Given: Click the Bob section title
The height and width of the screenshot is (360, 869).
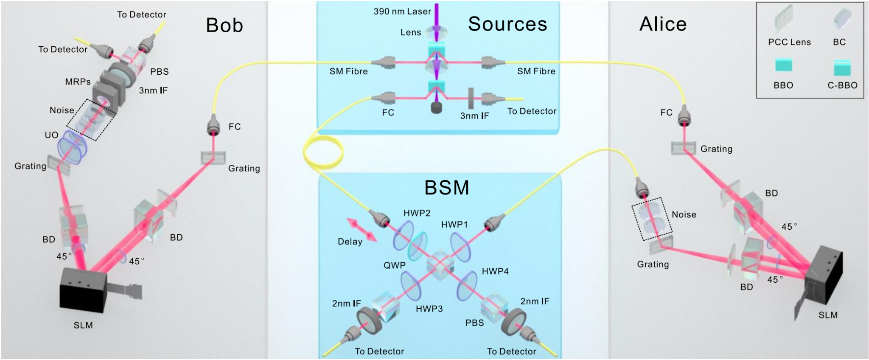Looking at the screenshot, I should point(224,25).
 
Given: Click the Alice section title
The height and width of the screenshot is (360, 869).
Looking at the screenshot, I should point(663,24).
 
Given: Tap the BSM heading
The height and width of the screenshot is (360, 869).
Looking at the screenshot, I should point(447,187).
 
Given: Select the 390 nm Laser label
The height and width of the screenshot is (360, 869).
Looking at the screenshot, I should point(402,11).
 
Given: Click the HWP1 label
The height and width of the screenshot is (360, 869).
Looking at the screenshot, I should point(454,225).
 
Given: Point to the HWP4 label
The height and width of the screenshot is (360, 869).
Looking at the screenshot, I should point(495,271).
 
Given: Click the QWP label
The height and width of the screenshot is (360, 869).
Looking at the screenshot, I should point(395,265).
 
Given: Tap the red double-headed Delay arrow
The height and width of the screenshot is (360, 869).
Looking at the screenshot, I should point(362,230).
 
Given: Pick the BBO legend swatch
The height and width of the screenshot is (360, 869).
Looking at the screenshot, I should point(783,66).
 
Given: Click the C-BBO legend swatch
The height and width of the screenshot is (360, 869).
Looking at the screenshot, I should point(842,67).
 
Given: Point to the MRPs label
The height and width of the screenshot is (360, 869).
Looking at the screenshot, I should point(78,82).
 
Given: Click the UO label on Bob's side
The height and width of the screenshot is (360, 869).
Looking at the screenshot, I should point(51,135).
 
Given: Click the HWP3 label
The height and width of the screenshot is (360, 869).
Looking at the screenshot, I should point(429,309).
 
